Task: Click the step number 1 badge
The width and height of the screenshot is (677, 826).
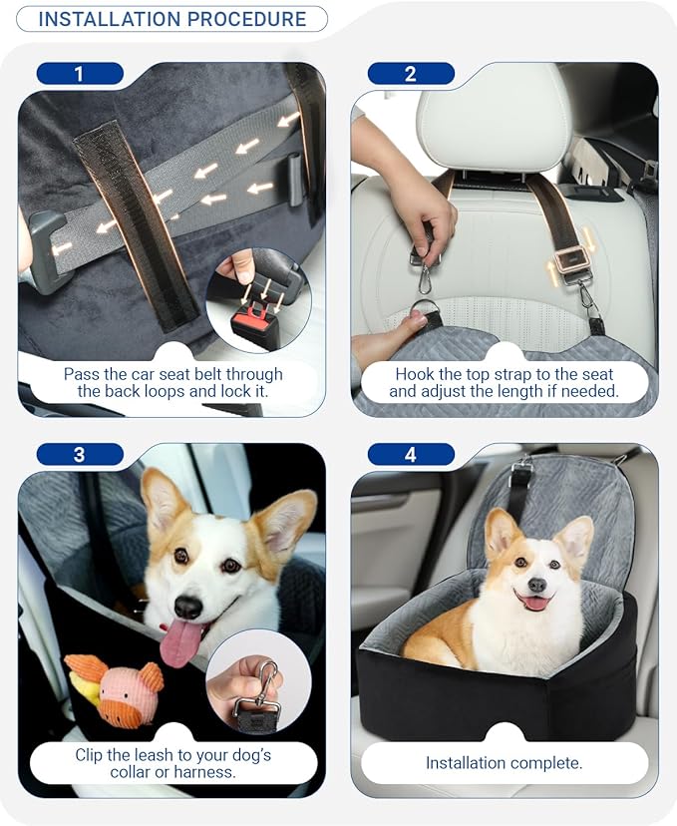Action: (80, 73)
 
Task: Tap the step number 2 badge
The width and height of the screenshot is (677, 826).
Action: (411, 73)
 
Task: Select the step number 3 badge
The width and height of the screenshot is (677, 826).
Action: (80, 454)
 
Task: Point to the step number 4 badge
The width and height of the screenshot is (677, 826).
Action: (411, 454)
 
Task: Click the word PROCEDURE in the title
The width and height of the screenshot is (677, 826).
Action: (247, 19)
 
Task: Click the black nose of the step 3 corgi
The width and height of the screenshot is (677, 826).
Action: (187, 607)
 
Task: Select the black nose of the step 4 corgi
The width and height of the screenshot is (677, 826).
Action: (537, 585)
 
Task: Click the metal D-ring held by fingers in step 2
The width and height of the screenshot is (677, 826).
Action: (421, 310)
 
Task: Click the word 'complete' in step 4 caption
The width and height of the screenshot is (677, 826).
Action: (546, 763)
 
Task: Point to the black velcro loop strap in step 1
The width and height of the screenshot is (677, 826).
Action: (136, 226)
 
